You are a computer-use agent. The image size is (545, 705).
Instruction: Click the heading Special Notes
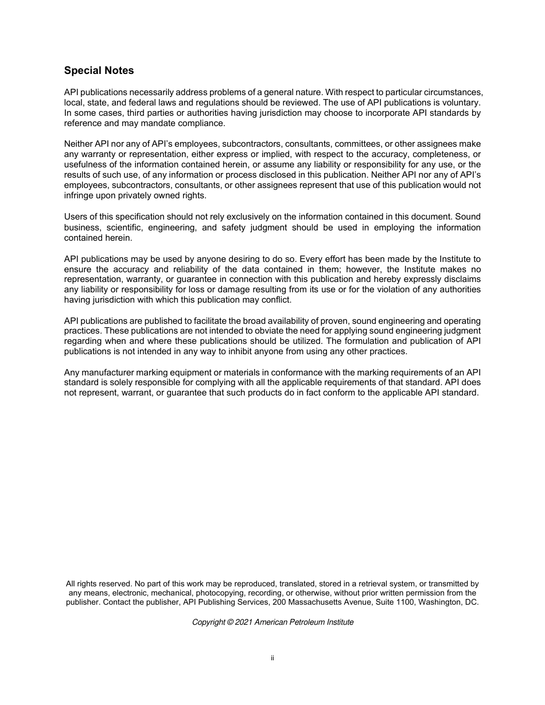pyautogui.click(x=99, y=70)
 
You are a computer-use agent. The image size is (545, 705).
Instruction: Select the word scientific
pyautogui.click(x=122, y=228)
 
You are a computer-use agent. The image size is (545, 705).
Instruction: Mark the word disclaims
pyautogui.click(x=462, y=279)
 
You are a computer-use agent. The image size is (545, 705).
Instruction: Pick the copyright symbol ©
pyautogui.click(x=231, y=622)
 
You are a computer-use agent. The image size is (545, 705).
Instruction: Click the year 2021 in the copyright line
pyautogui.click(x=244, y=622)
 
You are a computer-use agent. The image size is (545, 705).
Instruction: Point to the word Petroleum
pyautogui.click(x=308, y=622)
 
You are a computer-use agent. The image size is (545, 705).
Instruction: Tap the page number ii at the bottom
pyautogui.click(x=272, y=658)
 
